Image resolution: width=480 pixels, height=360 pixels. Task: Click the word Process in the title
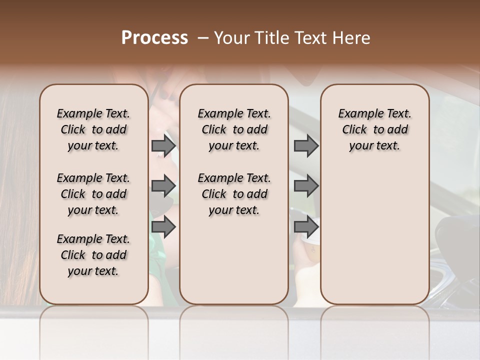click(x=154, y=38)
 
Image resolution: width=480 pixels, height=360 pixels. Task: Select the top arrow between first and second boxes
click(x=163, y=145)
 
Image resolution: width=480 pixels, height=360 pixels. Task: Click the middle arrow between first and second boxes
click(x=163, y=185)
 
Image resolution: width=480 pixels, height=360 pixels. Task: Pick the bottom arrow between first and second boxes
click(x=163, y=227)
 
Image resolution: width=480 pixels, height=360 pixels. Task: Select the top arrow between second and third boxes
click(x=306, y=145)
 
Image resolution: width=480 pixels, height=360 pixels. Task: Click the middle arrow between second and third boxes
click(x=306, y=185)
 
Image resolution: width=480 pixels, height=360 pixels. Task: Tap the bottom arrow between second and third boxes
click(x=306, y=227)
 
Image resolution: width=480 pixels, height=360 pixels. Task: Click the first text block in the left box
click(x=93, y=129)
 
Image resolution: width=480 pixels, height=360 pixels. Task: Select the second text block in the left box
click(x=93, y=194)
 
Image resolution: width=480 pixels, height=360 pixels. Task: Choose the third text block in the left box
click(x=93, y=255)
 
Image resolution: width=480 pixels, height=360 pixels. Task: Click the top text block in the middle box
click(x=234, y=129)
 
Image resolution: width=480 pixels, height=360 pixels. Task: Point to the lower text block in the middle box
click(x=234, y=194)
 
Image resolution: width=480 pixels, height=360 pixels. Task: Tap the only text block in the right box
click(x=374, y=129)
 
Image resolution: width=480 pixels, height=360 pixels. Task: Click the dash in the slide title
click(x=202, y=38)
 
